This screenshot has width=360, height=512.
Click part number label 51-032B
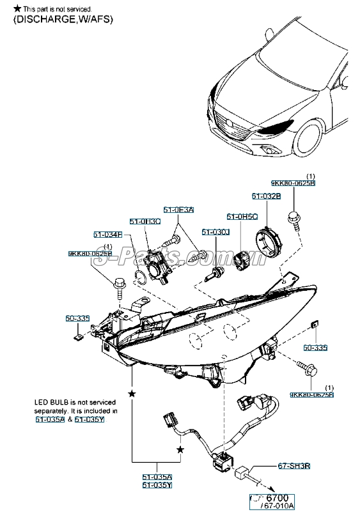coord(265,196)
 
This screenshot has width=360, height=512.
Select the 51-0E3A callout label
coord(178,210)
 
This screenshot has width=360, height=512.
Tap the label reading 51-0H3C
coord(145,221)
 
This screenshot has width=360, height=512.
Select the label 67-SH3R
coord(294,467)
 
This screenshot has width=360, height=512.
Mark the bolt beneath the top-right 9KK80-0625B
coord(294,220)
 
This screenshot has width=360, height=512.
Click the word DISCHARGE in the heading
coord(42,19)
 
